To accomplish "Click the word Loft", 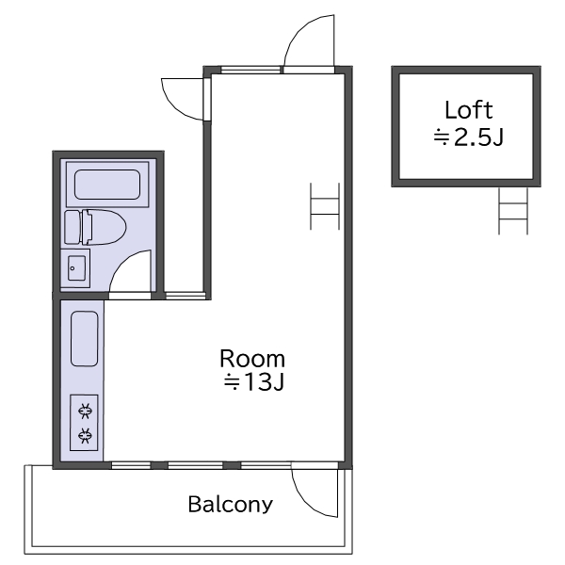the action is tap(468, 110).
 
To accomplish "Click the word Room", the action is tap(252, 359).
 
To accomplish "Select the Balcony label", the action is tap(231, 505).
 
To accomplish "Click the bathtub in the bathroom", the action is tap(107, 185).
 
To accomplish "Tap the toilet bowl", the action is tap(105, 227).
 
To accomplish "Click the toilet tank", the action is tap(73, 227).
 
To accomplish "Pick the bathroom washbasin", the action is tap(76, 268).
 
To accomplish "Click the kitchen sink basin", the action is tap(85, 339).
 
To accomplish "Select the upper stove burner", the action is tap(85, 412).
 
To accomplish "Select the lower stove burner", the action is tap(85, 436).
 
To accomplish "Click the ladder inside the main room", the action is tap(325, 206).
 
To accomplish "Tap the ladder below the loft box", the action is tap(513, 211).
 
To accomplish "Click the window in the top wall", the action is tap(250, 70).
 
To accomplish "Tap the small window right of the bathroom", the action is tap(186, 296).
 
